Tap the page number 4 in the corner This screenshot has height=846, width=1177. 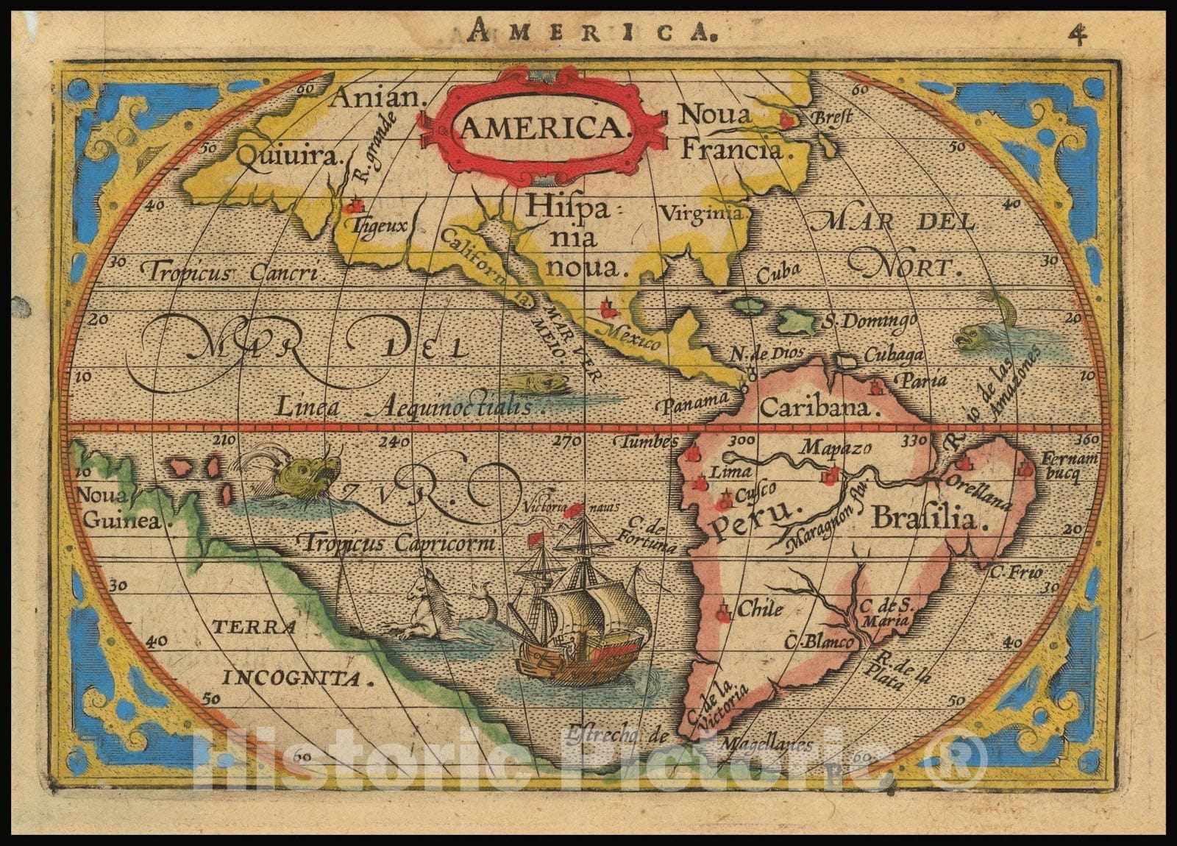coord(1078,35)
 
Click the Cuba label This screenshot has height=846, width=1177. coord(778,272)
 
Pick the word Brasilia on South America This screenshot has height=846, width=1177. coord(925,519)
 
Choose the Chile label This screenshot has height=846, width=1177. coord(760,609)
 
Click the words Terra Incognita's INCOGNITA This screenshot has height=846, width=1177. coord(298,678)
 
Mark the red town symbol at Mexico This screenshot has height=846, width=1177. coord(607,308)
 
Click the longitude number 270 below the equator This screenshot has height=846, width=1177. coord(566,441)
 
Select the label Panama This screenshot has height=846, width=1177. coord(695,403)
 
